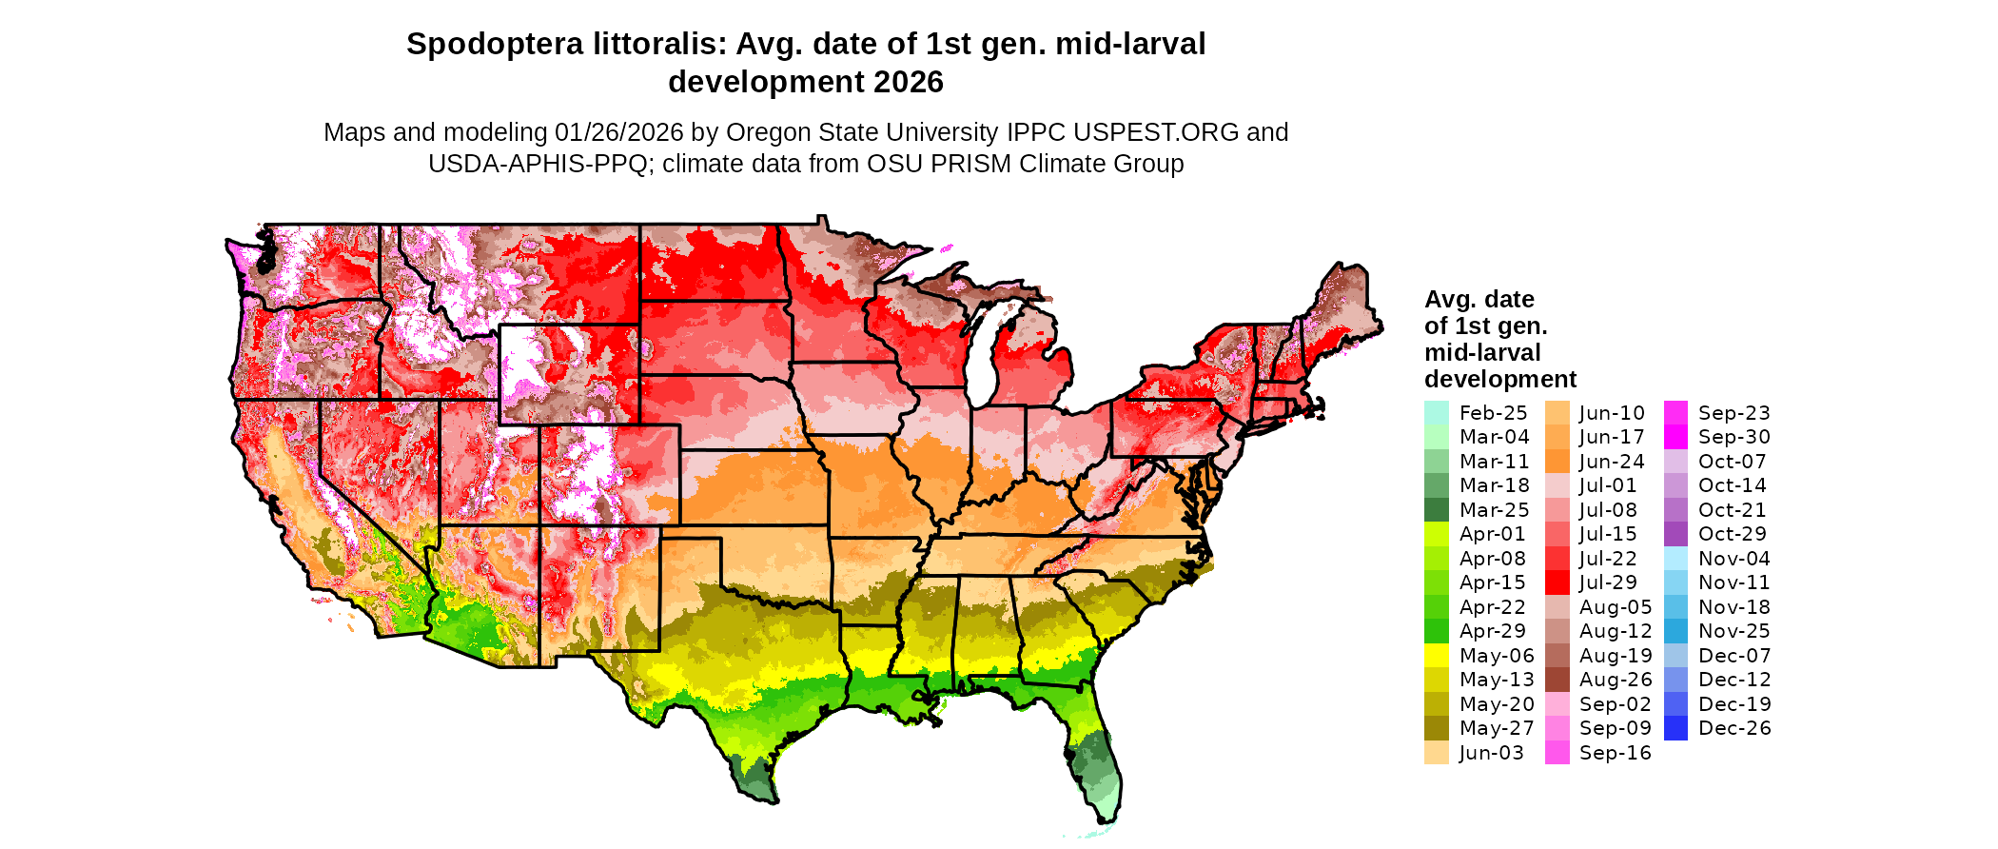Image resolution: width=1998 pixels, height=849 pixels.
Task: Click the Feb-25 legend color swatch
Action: [1436, 413]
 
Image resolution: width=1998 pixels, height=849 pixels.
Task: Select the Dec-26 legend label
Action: [1734, 728]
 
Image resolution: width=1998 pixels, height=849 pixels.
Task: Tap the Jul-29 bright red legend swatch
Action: [1557, 582]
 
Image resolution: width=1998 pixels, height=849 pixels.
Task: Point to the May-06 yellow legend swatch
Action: [1436, 656]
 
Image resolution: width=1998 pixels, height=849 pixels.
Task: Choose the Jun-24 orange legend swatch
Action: [1557, 462]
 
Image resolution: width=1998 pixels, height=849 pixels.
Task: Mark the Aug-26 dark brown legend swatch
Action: [1557, 680]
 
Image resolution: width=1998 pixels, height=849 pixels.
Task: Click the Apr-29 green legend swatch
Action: [1436, 631]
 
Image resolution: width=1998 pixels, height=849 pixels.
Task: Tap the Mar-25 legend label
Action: [1494, 510]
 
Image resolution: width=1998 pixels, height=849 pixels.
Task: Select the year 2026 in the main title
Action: [908, 82]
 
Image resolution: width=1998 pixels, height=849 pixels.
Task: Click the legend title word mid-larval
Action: [1482, 352]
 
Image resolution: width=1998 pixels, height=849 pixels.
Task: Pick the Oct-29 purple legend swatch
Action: [1675, 534]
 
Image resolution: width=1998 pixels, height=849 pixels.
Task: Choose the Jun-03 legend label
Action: [1491, 753]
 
